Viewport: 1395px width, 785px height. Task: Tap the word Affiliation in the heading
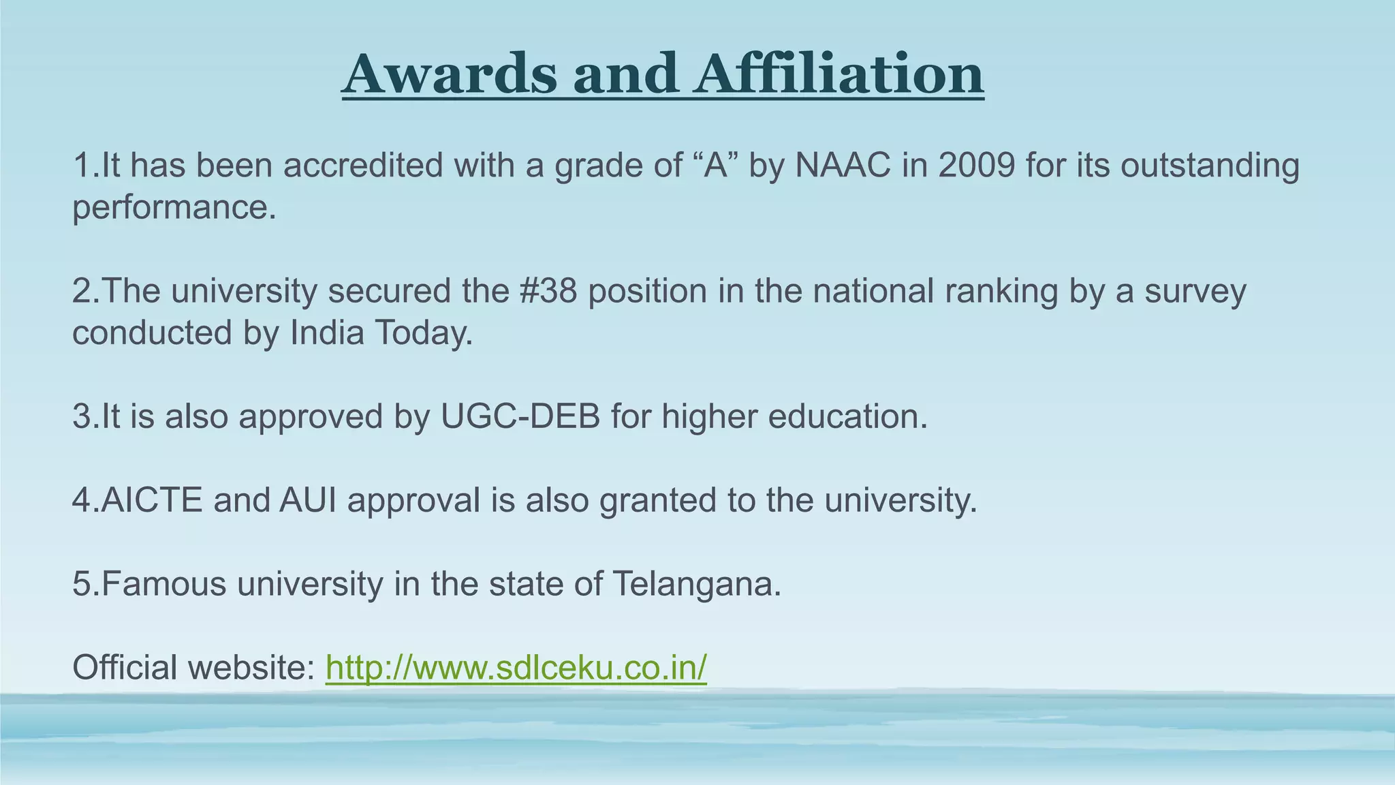tap(838, 74)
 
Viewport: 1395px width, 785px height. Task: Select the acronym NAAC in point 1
tap(843, 166)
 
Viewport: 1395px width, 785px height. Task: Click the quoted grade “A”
tap(715, 166)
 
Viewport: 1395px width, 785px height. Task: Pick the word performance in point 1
tap(174, 208)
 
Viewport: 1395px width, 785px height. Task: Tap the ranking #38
tap(548, 291)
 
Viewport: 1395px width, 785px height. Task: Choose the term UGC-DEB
tap(520, 416)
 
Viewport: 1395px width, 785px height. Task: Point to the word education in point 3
tap(847, 416)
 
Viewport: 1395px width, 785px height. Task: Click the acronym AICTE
tap(152, 500)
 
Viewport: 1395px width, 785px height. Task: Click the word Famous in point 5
tap(163, 584)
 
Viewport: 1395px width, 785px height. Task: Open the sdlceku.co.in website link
tap(516, 668)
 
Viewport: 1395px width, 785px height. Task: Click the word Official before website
tap(125, 668)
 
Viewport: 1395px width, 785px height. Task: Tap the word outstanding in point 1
tap(1210, 166)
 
